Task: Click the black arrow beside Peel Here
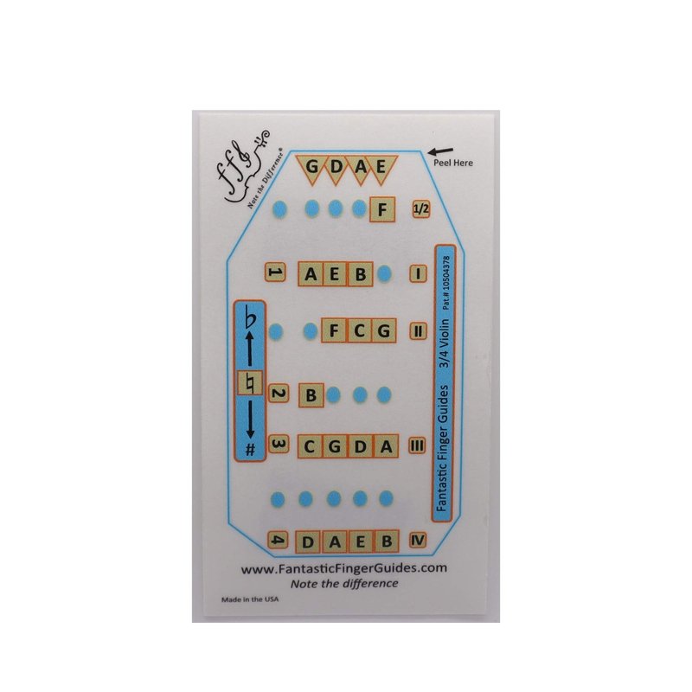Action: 441,152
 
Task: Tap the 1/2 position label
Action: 421,208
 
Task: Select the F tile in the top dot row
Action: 382,208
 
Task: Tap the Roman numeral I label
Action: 418,273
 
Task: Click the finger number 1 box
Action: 275,272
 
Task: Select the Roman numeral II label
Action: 418,330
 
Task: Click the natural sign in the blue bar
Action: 250,382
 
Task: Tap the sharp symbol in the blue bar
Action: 250,449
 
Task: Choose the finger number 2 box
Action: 278,394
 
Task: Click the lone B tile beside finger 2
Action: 311,394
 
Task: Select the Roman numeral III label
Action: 417,445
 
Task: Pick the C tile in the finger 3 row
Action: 310,446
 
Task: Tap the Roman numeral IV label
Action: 418,540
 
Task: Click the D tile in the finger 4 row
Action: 308,541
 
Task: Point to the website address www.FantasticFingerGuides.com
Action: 343,568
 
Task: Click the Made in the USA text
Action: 250,599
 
